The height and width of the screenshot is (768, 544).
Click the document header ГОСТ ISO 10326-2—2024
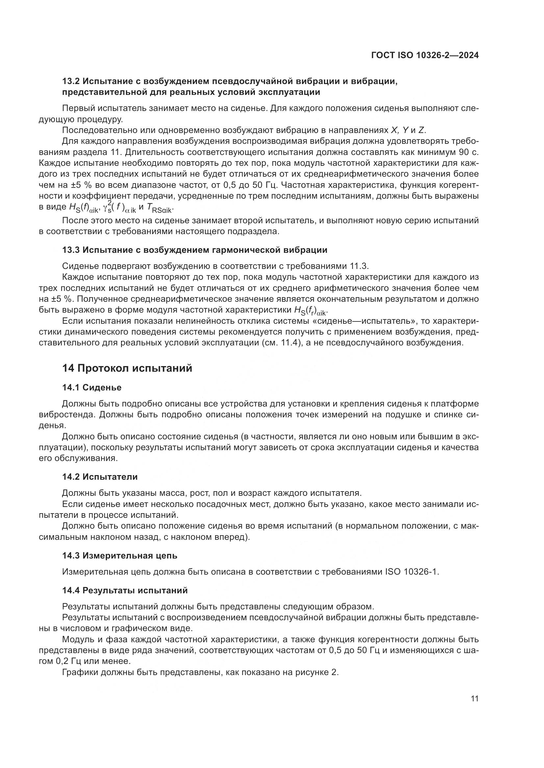tap(425, 55)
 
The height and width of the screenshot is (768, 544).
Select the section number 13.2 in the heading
tap(71, 81)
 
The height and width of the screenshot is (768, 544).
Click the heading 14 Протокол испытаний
tap(127, 368)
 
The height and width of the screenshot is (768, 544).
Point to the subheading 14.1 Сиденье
tap(92, 388)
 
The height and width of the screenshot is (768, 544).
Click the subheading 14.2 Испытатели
tap(100, 477)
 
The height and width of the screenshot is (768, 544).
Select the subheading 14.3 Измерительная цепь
tap(120, 556)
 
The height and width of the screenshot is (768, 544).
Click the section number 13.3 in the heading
tap(71, 250)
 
